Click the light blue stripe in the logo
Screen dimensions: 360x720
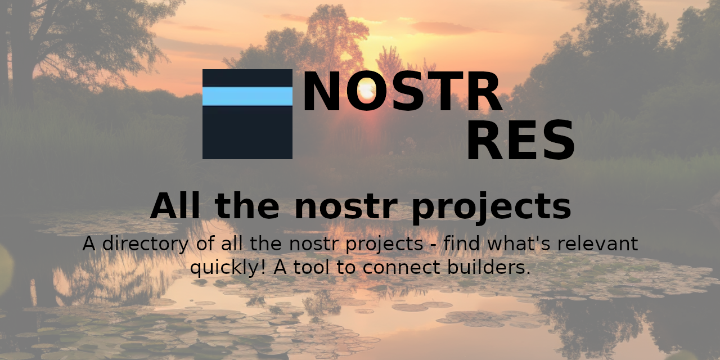(247, 96)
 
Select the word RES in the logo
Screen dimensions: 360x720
(520, 141)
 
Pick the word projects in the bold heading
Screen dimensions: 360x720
(491, 207)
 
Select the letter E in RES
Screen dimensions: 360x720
(520, 141)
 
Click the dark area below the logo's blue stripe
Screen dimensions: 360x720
(247, 132)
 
